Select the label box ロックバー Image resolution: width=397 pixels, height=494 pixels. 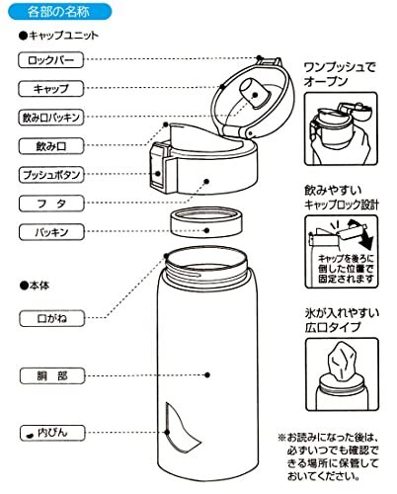tap(55, 60)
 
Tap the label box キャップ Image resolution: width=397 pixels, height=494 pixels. tap(55, 88)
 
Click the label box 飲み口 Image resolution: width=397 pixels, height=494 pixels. tap(55, 146)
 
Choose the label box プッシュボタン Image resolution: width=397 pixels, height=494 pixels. tap(55, 175)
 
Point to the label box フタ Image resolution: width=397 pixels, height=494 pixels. tap(55, 205)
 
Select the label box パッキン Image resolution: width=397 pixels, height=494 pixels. tap(55, 233)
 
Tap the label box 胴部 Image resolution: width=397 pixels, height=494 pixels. tap(55, 376)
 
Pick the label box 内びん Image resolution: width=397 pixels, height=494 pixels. tap(55, 433)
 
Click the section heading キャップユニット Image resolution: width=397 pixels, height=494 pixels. tap(64, 35)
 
